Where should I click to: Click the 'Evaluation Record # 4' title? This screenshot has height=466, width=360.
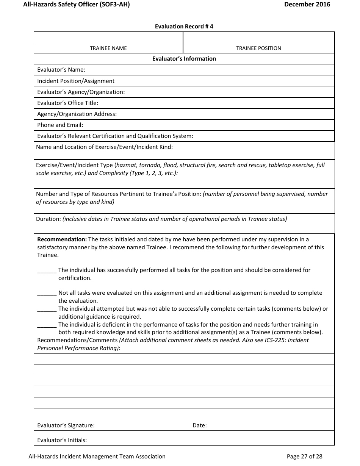pos(184,27)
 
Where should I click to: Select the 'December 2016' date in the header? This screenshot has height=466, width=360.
pos(307,5)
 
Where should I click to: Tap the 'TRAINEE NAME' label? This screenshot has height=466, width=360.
pos(108,48)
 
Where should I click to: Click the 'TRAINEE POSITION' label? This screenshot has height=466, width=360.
pos(258,48)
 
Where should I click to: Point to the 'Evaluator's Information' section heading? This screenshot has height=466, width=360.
pos(184,59)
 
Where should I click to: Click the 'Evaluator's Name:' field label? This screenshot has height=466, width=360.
pos(61,70)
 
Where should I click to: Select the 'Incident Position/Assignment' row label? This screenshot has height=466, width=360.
pos(76,81)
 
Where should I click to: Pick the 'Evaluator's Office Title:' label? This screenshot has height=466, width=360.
pos(67,103)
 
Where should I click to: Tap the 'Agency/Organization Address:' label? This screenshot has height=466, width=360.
pos(77,114)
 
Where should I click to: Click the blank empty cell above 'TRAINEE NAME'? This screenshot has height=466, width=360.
pos(108,38)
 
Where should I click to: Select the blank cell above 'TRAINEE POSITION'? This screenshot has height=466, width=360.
pos(258,38)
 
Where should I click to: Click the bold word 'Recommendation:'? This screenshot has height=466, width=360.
pos(62,239)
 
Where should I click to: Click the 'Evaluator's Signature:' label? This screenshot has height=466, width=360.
pos(66,425)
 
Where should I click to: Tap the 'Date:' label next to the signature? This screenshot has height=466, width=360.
pos(200,425)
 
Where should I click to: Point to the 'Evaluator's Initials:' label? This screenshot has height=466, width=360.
pos(62,440)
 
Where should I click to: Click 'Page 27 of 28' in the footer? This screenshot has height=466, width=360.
pos(304,457)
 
